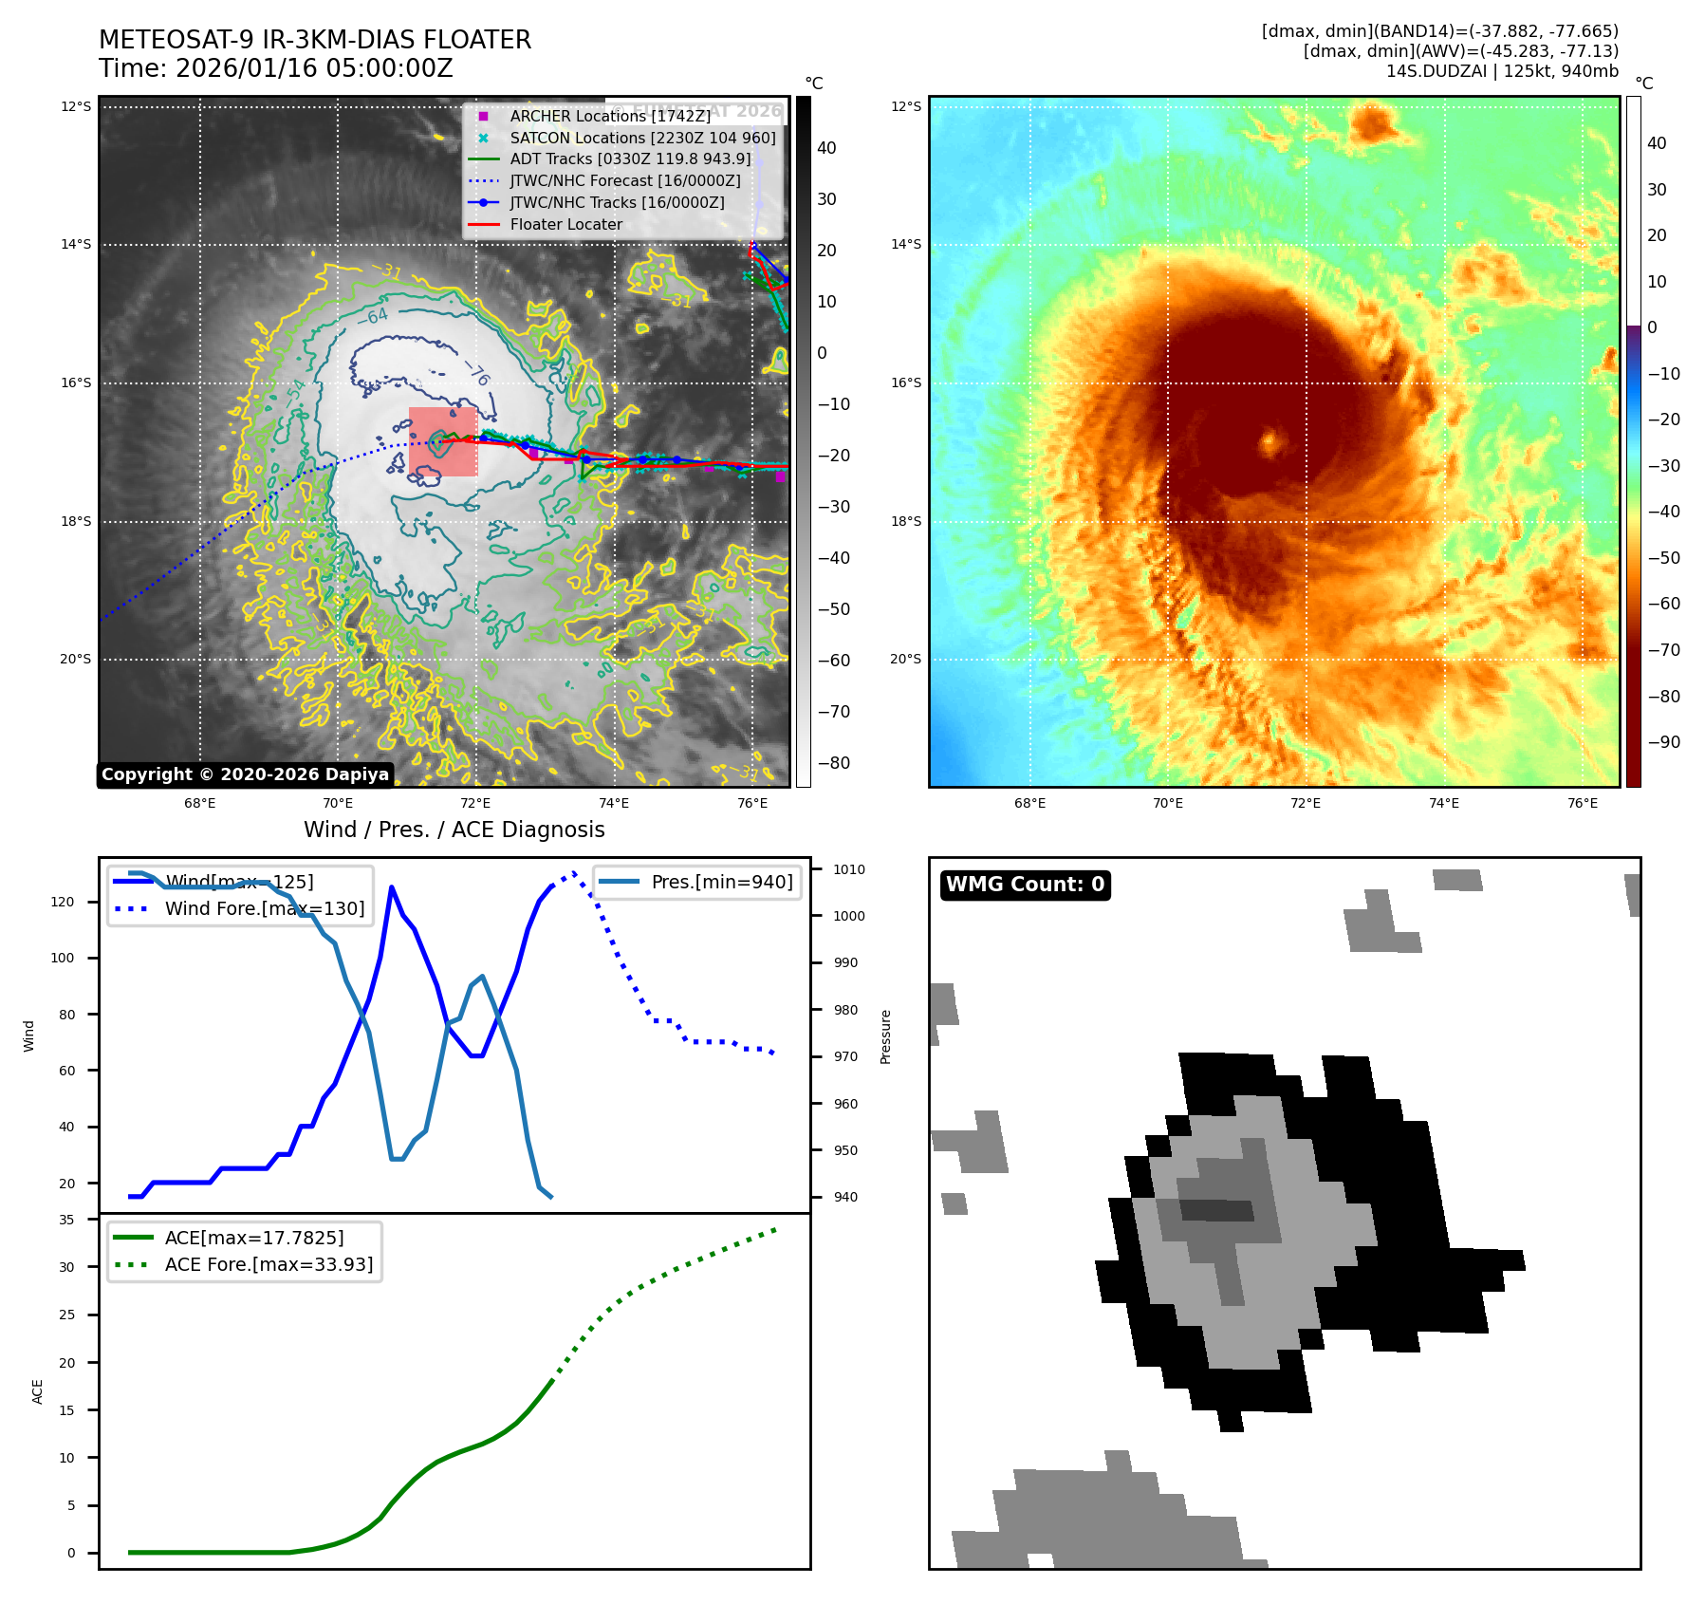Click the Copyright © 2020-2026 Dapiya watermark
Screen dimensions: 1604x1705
(x=245, y=774)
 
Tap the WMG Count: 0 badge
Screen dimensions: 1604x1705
(x=1025, y=885)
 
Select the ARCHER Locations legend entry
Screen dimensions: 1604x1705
(x=609, y=116)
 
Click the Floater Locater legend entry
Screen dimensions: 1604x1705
(x=565, y=225)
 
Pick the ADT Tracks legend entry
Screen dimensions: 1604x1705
(x=630, y=159)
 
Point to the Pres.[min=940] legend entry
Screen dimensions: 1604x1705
(x=721, y=882)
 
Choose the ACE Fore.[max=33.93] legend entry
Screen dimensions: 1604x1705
(x=269, y=1264)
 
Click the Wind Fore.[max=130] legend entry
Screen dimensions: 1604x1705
(x=264, y=908)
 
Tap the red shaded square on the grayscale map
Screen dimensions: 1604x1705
(x=443, y=442)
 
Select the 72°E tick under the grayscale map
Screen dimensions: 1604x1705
(x=476, y=804)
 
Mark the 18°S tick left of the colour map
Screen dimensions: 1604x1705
(x=905, y=521)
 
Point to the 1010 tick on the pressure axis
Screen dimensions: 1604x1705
(x=849, y=869)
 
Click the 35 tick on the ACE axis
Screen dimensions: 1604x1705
(x=66, y=1220)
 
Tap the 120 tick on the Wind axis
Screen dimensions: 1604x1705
(x=63, y=902)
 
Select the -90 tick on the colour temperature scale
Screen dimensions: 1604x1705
(x=1663, y=742)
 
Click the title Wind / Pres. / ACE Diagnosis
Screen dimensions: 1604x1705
(x=454, y=830)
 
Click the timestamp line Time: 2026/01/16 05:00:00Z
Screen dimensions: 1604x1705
(x=275, y=69)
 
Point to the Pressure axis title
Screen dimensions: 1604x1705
(x=885, y=1035)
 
